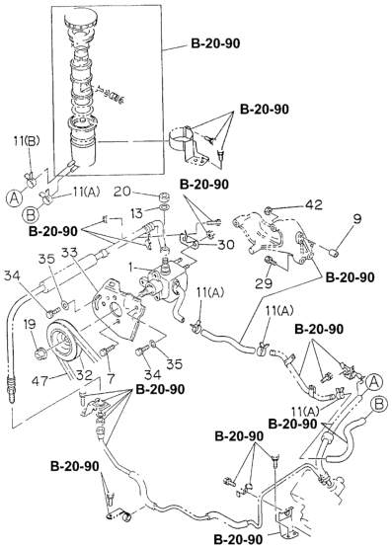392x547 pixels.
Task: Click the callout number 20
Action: click(121, 192)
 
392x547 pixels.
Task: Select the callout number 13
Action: click(137, 212)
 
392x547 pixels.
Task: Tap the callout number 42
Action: click(314, 204)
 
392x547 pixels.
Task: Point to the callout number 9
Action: click(357, 219)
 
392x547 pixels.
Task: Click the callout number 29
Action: click(264, 283)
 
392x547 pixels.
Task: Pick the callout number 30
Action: click(225, 245)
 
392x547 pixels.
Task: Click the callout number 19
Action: click(30, 325)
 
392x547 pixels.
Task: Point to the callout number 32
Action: click(85, 375)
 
